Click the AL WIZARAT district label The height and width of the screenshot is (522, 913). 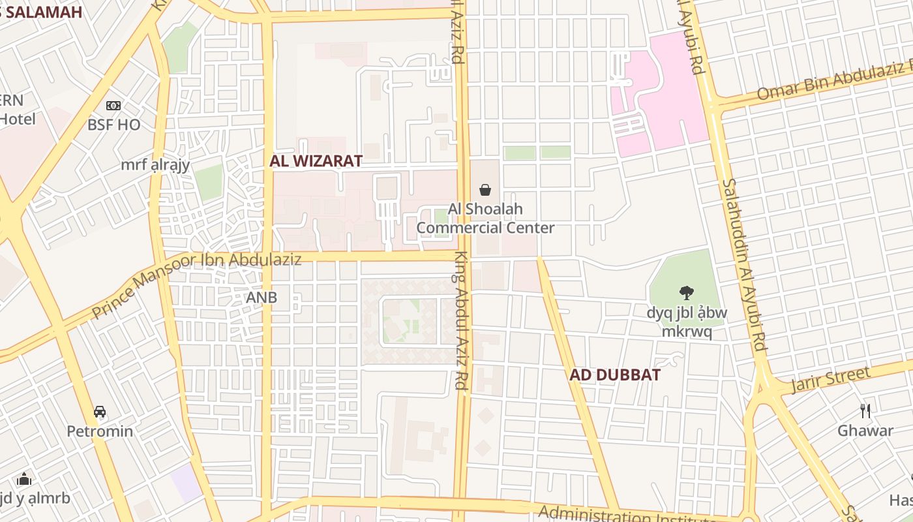316,161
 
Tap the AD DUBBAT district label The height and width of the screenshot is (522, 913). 614,375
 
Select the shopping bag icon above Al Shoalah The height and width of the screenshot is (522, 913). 485,190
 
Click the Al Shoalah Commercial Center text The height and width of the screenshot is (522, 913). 485,219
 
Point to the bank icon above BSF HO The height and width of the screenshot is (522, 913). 113,106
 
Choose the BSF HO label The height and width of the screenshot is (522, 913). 113,125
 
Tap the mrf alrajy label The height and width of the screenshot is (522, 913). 155,164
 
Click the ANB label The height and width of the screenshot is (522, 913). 262,298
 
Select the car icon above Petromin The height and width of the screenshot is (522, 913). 100,412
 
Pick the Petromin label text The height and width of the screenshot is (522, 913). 100,431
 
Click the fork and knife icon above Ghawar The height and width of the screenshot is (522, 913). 865,410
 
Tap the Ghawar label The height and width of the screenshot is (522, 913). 865,431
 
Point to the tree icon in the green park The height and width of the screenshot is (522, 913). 686,293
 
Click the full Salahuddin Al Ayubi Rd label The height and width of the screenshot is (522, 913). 743,264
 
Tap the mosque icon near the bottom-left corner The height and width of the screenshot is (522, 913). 24,479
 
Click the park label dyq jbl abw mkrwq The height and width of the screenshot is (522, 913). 686,322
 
